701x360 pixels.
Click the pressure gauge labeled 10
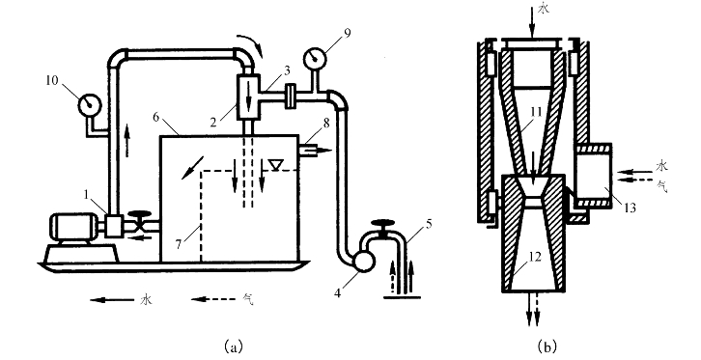(90, 105)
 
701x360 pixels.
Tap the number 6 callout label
(156, 117)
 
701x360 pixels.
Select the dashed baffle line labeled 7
(202, 215)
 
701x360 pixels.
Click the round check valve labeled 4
(363, 262)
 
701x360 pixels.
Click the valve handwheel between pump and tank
(139, 215)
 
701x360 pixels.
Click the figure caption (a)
(234, 346)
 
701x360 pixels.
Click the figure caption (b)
(547, 346)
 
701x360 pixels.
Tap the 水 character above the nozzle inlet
(543, 9)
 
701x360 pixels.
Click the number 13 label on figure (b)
(630, 208)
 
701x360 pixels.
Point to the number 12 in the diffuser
(535, 257)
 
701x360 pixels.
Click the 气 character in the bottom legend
(247, 299)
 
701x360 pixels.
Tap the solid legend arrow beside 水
(112, 300)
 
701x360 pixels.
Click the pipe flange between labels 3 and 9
(290, 96)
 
